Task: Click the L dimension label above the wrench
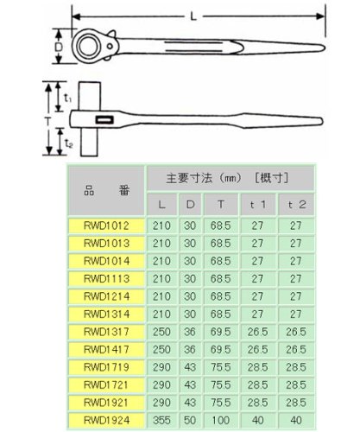tap(193, 16)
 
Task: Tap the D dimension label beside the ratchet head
tap(59, 47)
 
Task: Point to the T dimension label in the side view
tap(48, 121)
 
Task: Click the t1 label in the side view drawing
tap(67, 98)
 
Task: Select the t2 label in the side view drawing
tap(68, 143)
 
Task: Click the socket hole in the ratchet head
tap(89, 47)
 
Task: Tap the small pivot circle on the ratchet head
tap(110, 46)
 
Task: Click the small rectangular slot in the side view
tap(104, 119)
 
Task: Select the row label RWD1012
tap(106, 226)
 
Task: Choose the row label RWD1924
tap(106, 420)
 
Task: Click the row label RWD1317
tap(106, 332)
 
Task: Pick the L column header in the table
tap(161, 205)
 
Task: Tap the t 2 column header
tap(296, 205)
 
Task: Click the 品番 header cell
tap(106, 190)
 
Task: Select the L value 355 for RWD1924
tap(161, 420)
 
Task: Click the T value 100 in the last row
tap(221, 420)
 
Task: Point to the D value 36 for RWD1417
tap(190, 349)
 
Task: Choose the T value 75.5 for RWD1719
tap(221, 367)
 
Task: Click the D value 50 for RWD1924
tap(190, 420)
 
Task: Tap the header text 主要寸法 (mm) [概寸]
tap(227, 178)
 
